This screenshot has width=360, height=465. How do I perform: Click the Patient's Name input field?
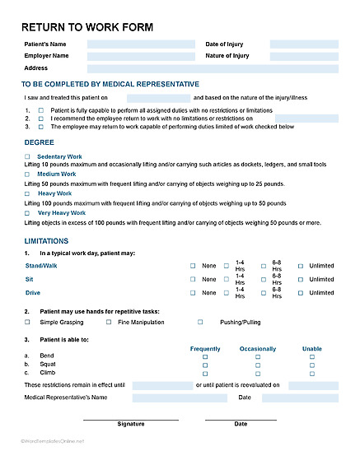pyautogui.click(x=139, y=44)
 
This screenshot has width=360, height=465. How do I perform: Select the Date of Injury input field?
pyautogui.click(x=303, y=44)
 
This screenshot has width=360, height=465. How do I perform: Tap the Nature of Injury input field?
pyautogui.click(x=303, y=57)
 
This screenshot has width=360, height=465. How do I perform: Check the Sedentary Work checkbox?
pyautogui.click(x=27, y=156)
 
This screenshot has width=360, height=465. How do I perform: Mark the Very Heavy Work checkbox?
pyautogui.click(x=27, y=212)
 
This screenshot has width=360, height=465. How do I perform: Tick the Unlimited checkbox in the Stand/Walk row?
pyautogui.click(x=301, y=266)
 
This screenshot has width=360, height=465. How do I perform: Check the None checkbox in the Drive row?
pyautogui.click(x=194, y=293)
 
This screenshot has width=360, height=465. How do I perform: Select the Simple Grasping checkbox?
pyautogui.click(x=27, y=323)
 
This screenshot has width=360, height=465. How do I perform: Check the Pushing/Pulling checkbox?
pyautogui.click(x=200, y=323)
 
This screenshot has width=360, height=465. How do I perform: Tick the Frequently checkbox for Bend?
pyautogui.click(x=205, y=357)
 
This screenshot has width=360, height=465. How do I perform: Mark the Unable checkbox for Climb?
pyautogui.click(x=312, y=373)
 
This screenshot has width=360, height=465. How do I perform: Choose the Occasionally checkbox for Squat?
pyautogui.click(x=258, y=365)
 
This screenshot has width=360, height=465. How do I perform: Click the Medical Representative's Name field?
pyautogui.click(x=180, y=398)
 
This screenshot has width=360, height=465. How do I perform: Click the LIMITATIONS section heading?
pyautogui.click(x=45, y=240)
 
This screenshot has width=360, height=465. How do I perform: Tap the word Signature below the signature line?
pyautogui.click(x=130, y=425)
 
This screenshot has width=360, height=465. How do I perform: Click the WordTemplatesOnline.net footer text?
pyautogui.click(x=53, y=440)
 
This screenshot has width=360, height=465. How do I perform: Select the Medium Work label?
pyautogui.click(x=57, y=174)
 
